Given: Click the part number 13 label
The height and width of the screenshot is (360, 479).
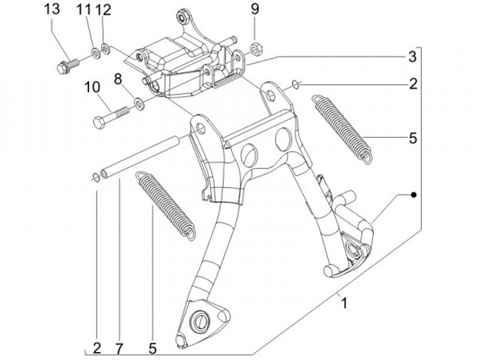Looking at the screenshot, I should (x=53, y=10).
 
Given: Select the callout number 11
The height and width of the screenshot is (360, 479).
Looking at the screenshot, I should (x=83, y=10).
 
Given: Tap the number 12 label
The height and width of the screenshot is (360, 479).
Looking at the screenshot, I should (x=103, y=10).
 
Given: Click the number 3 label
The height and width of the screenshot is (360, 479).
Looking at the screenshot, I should (x=412, y=55).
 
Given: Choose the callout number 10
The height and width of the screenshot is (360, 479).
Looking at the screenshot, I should (x=92, y=87).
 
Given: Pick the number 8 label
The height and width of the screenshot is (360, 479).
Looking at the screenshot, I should (x=118, y=80).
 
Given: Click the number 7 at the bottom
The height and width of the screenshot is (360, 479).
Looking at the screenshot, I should (x=120, y=347).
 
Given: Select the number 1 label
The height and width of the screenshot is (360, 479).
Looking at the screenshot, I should (x=344, y=303).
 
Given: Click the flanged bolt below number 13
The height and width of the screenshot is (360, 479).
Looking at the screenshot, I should (x=67, y=65).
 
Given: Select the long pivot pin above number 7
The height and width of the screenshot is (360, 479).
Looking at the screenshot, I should (x=142, y=158).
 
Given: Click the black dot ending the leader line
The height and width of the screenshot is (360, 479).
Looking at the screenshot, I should (x=414, y=195).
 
